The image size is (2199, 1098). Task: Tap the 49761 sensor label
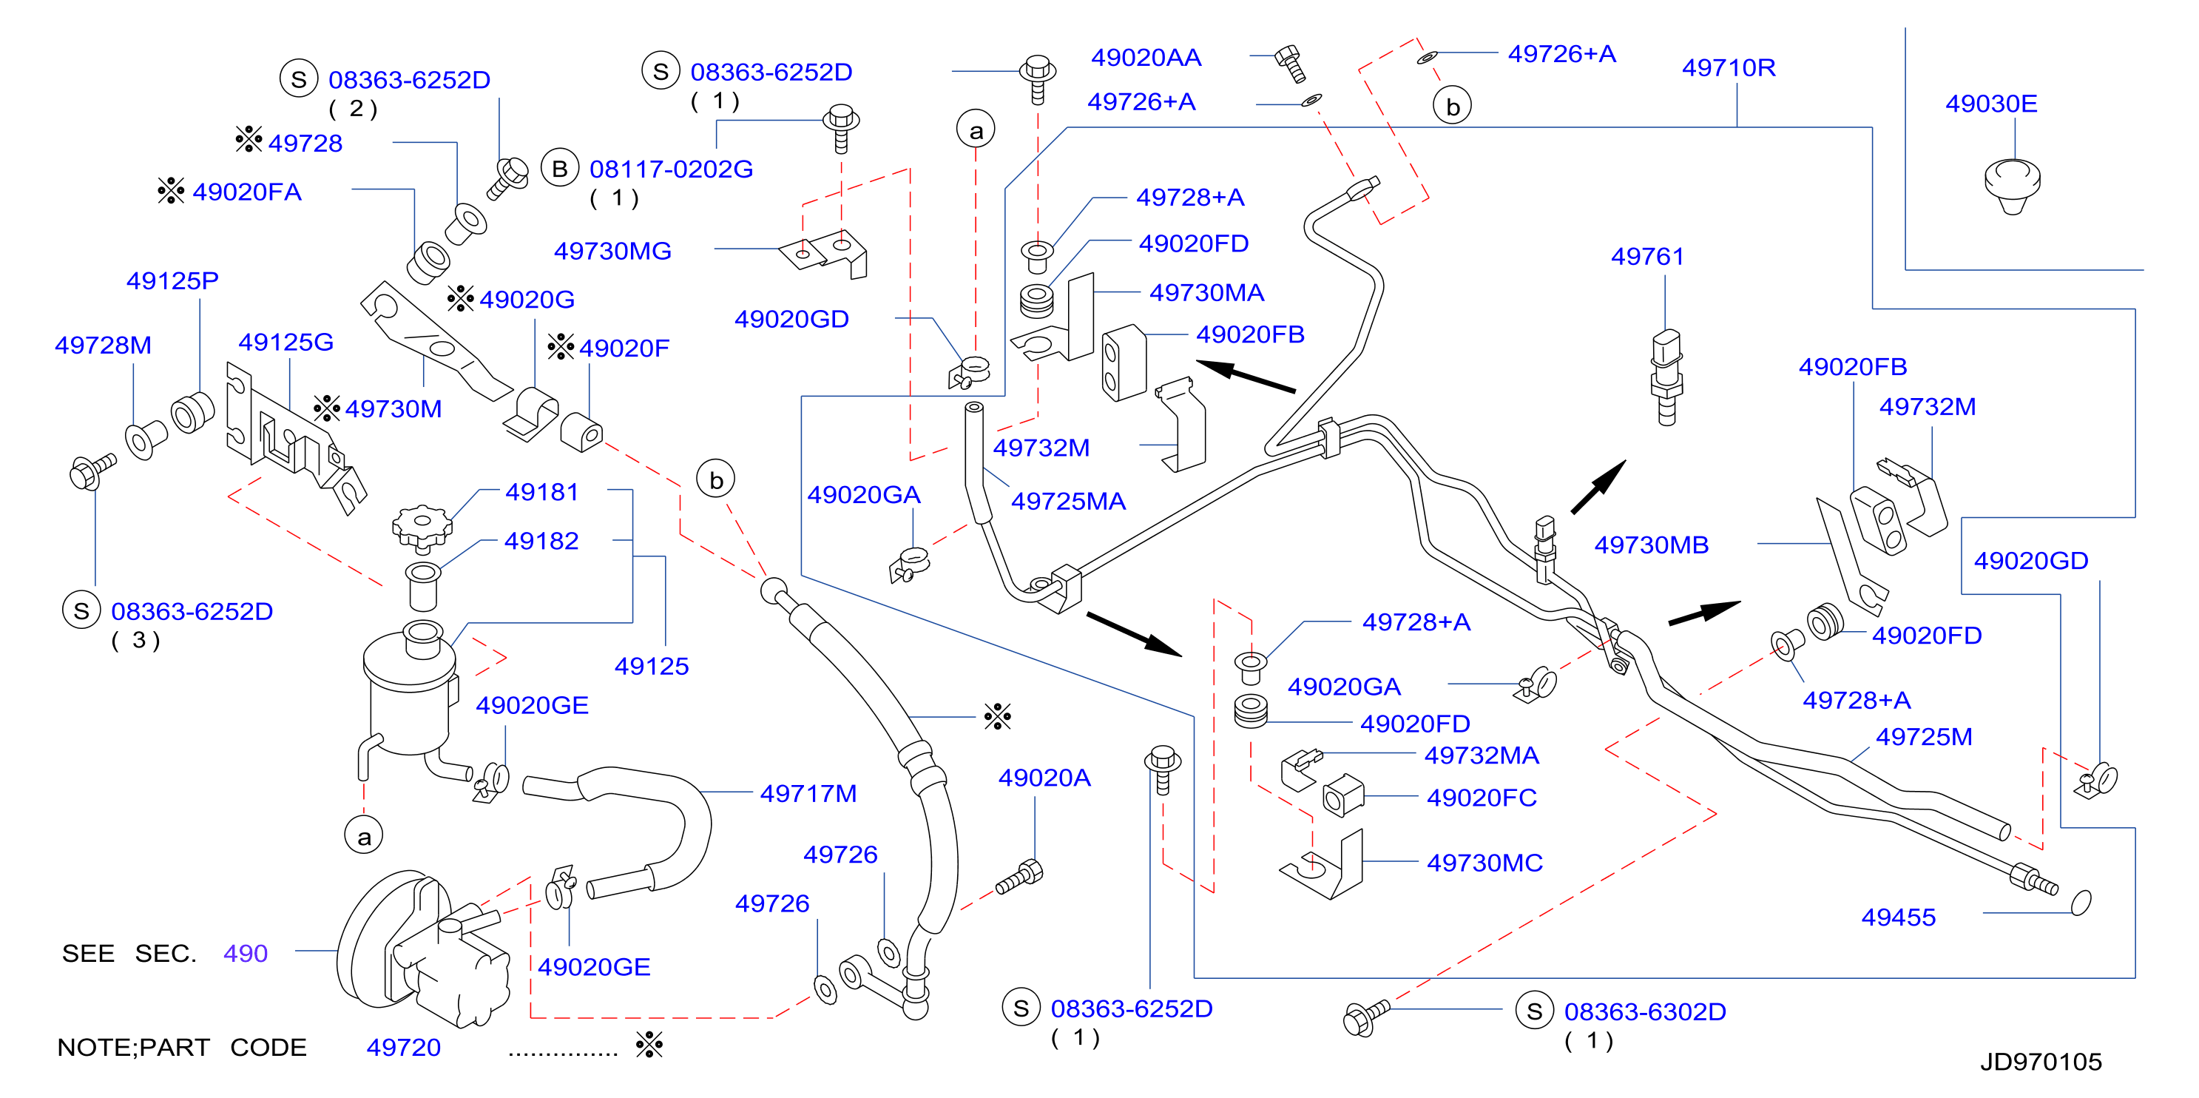point(1646,256)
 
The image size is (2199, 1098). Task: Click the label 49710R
point(1728,67)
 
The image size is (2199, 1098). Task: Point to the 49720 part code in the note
point(403,1048)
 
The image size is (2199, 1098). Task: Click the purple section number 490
point(245,953)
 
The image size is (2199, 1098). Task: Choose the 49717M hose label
point(808,794)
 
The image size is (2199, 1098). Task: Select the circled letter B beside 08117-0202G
point(560,168)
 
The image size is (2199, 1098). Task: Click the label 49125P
point(172,281)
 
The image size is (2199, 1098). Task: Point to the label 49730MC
point(1484,863)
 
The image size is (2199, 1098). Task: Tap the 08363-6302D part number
point(1644,1011)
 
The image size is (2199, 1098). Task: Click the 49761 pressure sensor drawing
point(1666,377)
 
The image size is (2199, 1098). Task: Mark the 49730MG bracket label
point(612,251)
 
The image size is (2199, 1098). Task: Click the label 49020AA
point(1146,57)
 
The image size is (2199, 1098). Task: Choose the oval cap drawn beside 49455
point(2081,902)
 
